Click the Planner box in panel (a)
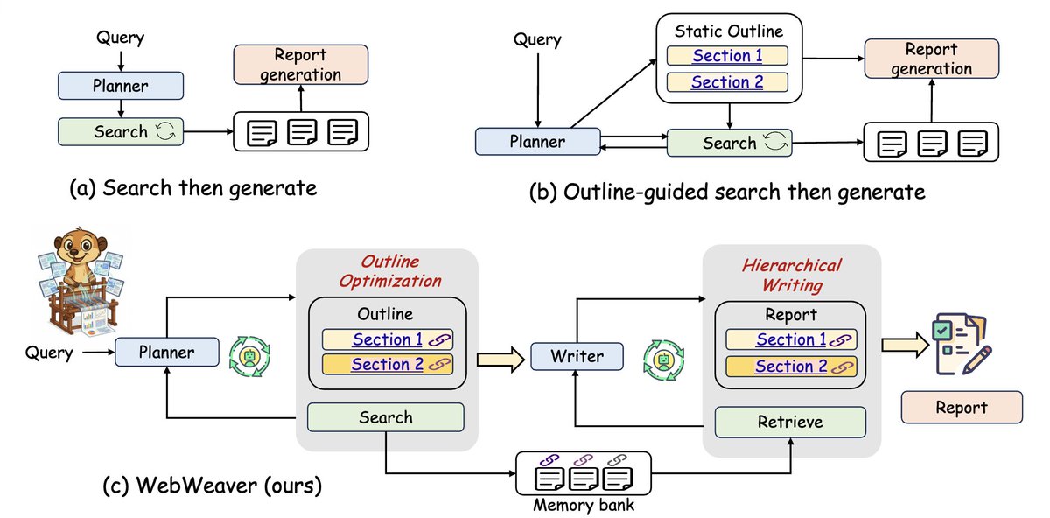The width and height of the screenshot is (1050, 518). (x=122, y=85)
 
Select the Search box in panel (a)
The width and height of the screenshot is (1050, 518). (x=122, y=132)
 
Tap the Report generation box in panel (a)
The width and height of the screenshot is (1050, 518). (x=299, y=65)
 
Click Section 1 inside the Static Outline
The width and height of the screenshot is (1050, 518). (x=727, y=56)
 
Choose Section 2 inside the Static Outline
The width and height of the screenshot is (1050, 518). (x=727, y=82)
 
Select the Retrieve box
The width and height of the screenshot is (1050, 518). (x=790, y=422)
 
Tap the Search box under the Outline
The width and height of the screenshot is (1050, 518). (x=385, y=417)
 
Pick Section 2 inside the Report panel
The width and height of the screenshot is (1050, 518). (x=790, y=366)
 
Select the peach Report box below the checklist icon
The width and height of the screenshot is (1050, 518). (x=962, y=407)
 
